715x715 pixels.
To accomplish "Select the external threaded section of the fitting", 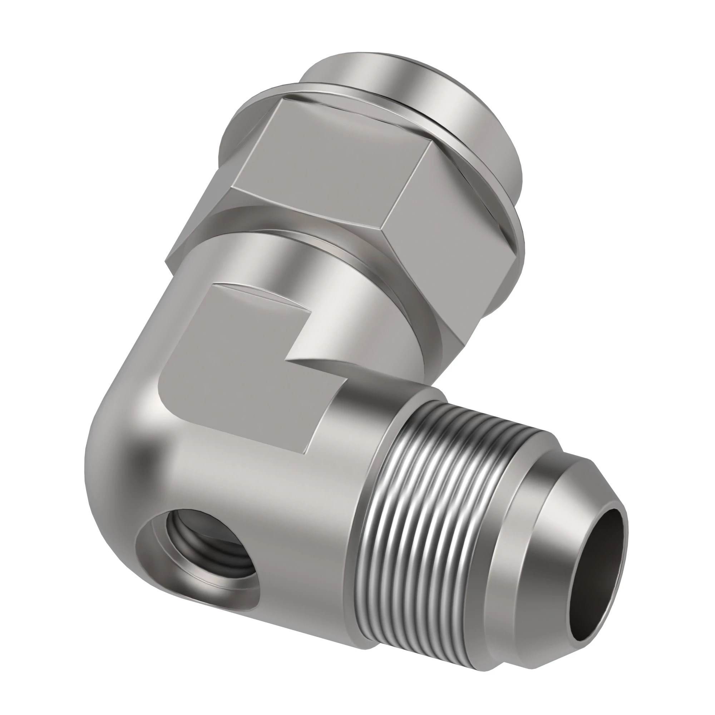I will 437,511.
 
